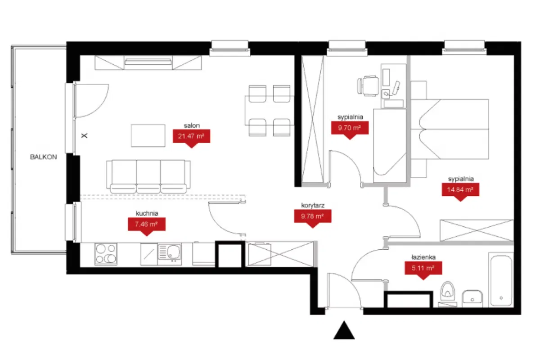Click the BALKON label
point(44,157)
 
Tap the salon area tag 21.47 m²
point(191,136)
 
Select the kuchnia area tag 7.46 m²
point(146,224)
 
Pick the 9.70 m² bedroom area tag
point(350,128)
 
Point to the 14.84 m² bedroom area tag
point(460,190)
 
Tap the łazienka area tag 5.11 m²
point(422,269)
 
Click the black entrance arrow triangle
point(344,330)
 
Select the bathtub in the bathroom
point(501,279)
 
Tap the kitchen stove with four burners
point(106,254)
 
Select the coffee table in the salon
point(148,135)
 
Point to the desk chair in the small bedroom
point(368,85)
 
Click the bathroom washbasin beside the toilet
point(472,297)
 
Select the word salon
point(191,126)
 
